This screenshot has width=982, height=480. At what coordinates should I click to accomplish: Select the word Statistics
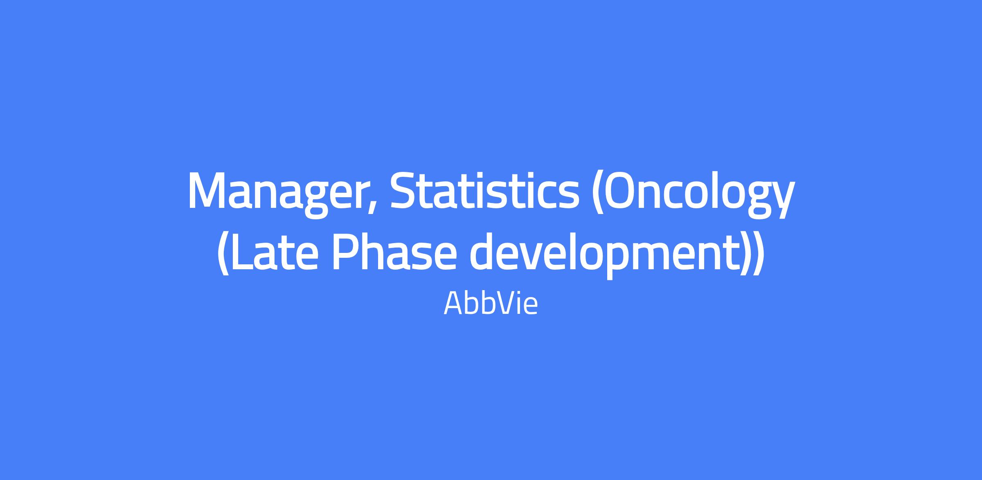[x=485, y=190]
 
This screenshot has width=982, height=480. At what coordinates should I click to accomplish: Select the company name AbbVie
[x=491, y=303]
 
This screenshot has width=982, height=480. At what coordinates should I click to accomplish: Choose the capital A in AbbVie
[x=453, y=303]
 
